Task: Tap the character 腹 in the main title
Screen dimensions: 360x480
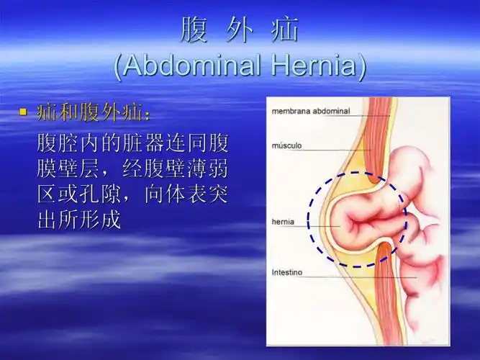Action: [192, 30]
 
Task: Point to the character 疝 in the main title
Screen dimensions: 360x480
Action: [286, 30]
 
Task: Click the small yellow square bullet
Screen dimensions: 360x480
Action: [22, 112]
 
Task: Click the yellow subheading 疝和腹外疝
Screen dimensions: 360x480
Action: [94, 113]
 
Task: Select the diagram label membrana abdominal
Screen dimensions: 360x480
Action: [310, 112]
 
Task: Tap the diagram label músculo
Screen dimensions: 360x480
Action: [287, 145]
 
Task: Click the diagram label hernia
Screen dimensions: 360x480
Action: [283, 222]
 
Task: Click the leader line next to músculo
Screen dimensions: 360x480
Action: [338, 149]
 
